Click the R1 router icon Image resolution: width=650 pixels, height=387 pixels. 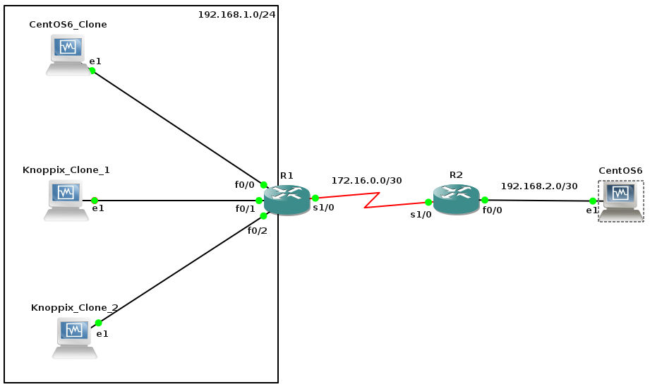[287, 200]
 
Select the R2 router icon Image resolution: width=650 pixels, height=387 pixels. [456, 200]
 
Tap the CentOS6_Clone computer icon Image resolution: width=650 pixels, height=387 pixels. [66, 54]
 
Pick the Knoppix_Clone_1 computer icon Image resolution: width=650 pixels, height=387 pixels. [66, 199]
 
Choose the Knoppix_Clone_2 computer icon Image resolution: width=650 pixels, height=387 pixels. [74, 337]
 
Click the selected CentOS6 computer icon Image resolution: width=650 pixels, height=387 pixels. [621, 201]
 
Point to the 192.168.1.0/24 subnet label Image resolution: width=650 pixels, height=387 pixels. [236, 14]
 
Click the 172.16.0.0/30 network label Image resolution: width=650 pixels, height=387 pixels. [366, 181]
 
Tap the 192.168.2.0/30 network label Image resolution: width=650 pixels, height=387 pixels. [538, 186]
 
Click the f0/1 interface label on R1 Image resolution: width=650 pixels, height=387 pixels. [245, 209]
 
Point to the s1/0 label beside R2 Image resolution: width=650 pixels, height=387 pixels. [421, 214]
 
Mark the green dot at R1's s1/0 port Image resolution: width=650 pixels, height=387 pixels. [315, 198]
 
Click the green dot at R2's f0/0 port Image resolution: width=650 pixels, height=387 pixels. [484, 200]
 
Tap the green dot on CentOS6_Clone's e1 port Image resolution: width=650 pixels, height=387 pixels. [92, 71]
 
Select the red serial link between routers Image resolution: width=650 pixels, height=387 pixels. [371, 198]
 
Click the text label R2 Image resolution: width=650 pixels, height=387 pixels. [456, 174]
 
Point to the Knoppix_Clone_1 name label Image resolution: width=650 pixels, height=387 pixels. [66, 170]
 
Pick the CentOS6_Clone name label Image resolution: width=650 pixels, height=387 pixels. [68, 24]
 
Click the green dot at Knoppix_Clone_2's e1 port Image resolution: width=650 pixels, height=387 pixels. [98, 322]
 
